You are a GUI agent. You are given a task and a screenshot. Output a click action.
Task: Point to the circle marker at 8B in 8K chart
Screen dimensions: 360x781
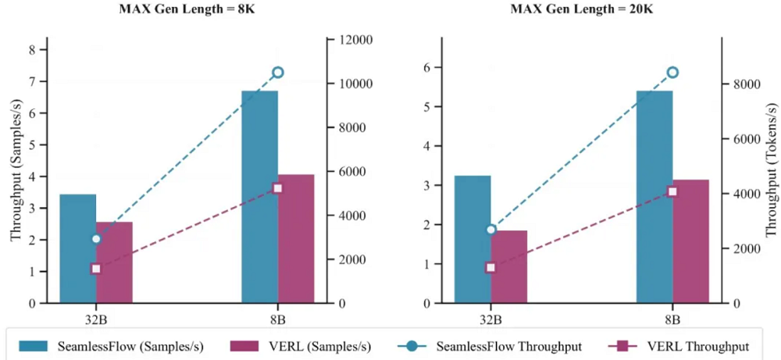point(277,72)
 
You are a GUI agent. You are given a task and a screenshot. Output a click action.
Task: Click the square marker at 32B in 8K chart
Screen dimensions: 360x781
point(96,269)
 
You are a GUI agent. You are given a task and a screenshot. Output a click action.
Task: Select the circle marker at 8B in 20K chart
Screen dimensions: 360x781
point(672,73)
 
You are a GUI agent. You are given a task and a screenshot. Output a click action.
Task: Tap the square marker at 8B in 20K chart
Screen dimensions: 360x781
point(672,191)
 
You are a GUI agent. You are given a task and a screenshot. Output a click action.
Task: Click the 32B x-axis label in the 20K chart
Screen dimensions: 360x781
point(490,319)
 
